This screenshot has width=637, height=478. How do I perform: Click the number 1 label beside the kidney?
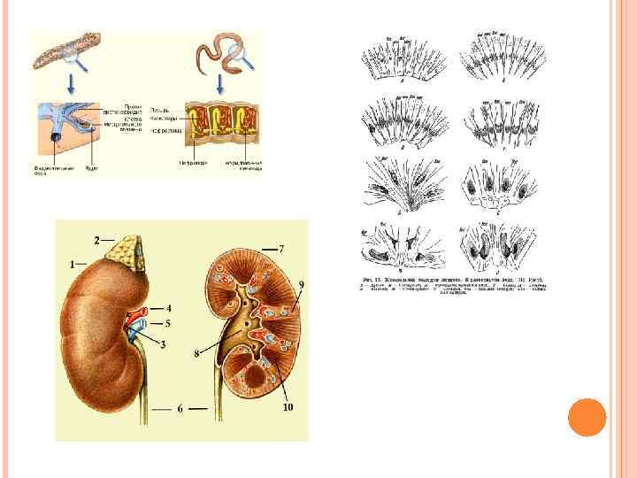(x=72, y=264)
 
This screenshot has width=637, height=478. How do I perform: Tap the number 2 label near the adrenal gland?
(x=97, y=239)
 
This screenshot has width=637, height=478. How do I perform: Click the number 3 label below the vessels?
(x=163, y=344)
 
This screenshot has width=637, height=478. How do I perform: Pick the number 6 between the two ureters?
(x=180, y=410)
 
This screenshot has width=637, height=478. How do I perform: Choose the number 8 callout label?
(x=196, y=355)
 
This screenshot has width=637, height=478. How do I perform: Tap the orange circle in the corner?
(x=587, y=416)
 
